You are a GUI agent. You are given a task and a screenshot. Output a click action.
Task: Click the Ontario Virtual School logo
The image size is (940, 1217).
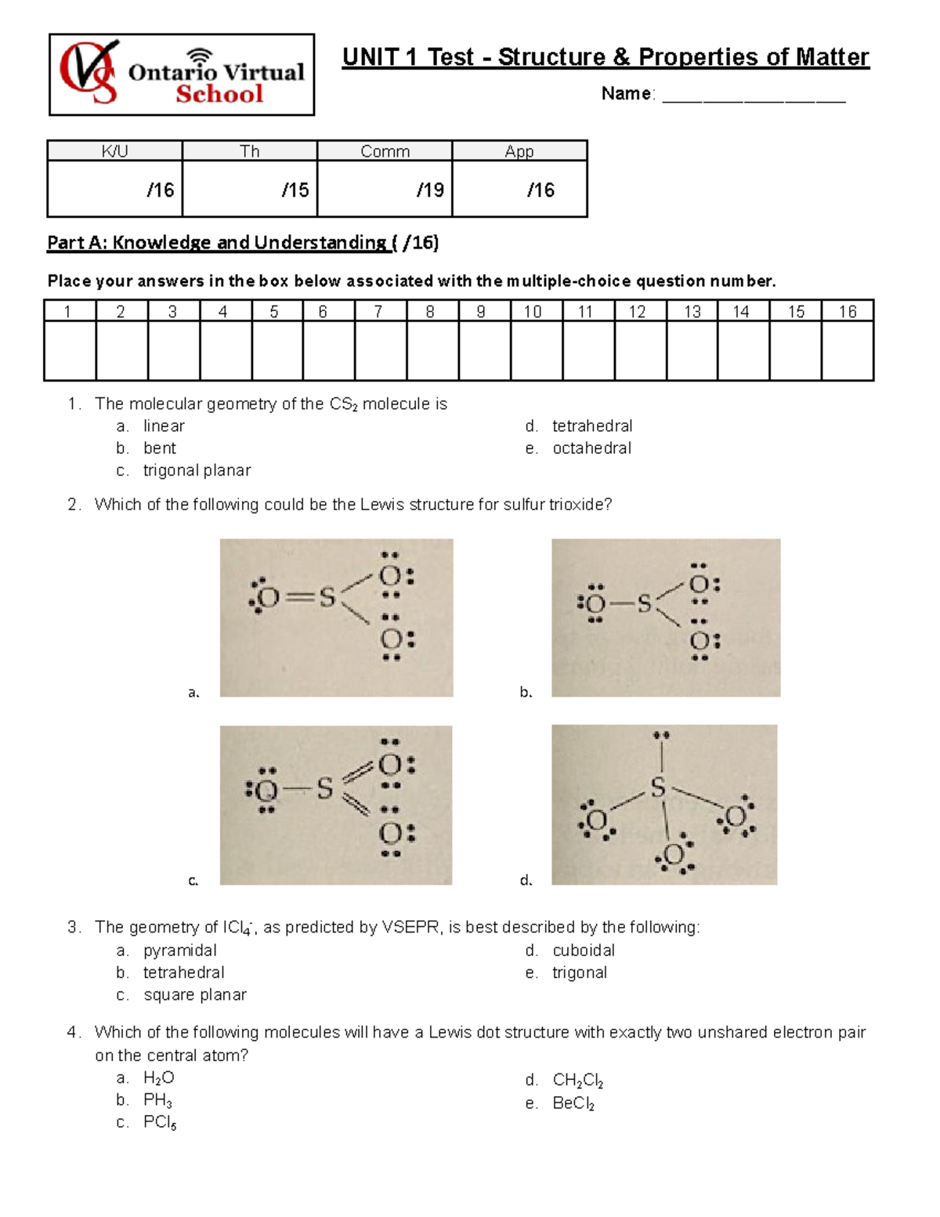182,75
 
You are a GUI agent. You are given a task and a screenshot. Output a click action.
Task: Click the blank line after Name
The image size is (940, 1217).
754,96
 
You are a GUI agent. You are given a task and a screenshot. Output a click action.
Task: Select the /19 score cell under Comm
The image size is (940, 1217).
385,189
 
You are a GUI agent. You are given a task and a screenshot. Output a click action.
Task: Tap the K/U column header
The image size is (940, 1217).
114,151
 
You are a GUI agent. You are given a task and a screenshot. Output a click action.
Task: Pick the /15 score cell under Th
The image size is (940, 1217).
250,189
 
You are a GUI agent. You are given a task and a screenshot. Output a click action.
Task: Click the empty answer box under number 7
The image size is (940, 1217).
380,350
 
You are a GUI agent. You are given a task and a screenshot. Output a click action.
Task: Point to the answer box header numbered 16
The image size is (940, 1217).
848,312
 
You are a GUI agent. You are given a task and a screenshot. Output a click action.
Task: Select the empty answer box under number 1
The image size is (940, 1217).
70,350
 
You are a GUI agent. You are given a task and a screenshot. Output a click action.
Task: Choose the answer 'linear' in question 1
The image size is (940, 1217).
164,426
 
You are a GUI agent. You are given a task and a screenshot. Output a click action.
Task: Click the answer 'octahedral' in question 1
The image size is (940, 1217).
591,448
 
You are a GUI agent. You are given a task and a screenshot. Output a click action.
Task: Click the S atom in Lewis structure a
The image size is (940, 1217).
327,599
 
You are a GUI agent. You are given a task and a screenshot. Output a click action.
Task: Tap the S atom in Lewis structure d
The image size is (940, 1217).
658,788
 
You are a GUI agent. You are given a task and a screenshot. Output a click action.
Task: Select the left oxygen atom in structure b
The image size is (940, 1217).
595,603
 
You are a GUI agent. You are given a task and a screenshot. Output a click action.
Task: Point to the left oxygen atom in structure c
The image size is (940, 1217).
267,790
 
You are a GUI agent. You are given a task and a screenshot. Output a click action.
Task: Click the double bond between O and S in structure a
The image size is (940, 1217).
298,599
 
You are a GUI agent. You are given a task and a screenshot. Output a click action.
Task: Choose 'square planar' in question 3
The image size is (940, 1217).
194,994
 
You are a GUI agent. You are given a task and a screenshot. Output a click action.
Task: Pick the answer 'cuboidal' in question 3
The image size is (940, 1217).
584,951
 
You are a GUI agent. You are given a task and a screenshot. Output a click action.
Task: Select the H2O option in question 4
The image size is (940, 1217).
158,1078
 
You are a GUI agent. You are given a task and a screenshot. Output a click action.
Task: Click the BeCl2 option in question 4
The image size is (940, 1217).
573,1103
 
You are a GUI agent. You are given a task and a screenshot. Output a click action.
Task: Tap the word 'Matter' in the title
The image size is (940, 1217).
832,57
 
